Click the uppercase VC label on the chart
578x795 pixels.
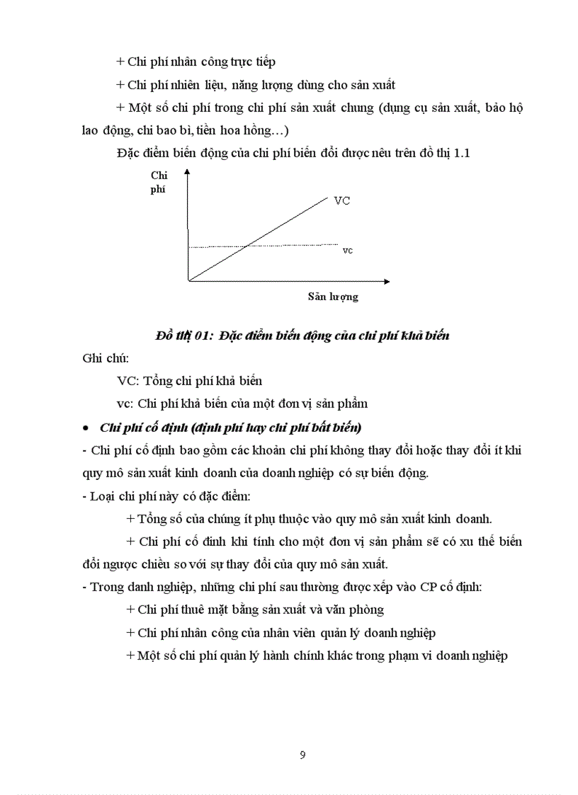coord(341,200)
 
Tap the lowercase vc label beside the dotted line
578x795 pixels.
coord(347,250)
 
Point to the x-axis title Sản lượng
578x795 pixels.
coord(333,297)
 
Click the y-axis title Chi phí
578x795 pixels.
coord(159,182)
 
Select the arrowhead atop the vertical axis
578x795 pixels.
coord(188,172)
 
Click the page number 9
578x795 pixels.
coord(302,755)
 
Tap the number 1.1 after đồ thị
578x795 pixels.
coord(460,154)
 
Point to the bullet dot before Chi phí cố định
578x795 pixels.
coord(86,428)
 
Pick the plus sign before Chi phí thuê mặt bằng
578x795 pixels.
coord(130,610)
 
